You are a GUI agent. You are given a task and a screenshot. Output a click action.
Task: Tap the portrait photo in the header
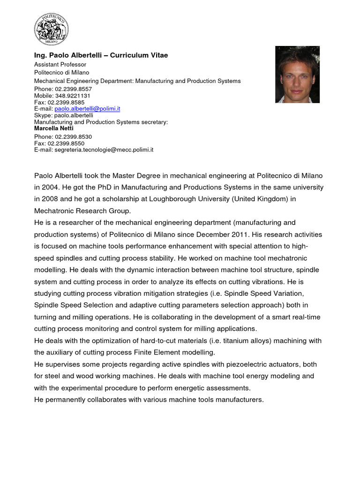pyautogui.click(x=297, y=74)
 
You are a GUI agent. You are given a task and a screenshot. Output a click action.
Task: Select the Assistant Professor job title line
pyautogui.click(x=60, y=64)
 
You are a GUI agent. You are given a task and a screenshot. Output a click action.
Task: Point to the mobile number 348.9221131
pyautogui.click(x=70, y=95)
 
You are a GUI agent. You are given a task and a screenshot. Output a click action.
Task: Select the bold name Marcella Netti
pyautogui.click(x=54, y=128)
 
